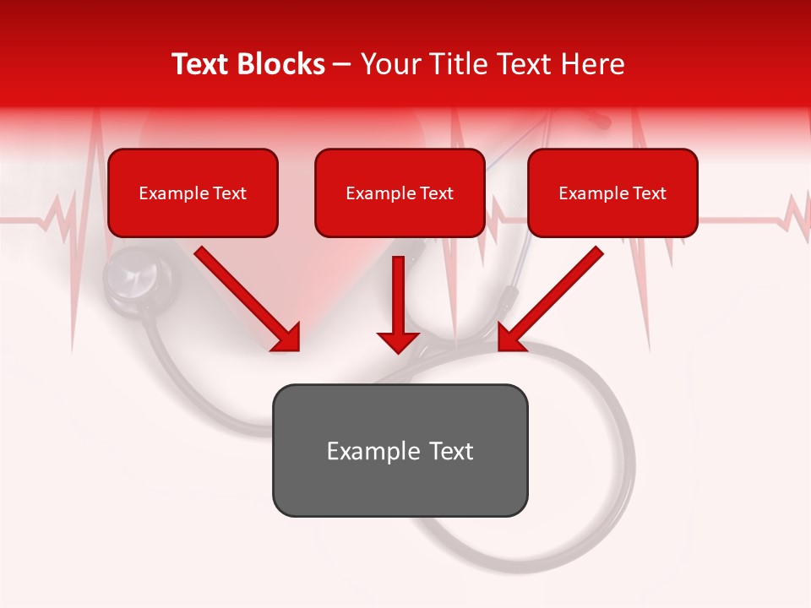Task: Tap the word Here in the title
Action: [591, 64]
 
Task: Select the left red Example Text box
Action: [193, 193]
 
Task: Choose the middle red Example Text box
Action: [400, 193]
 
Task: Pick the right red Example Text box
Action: [612, 193]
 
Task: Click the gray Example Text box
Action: [400, 451]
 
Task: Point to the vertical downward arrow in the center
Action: [398, 304]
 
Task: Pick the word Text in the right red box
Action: [650, 193]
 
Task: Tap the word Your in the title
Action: [386, 64]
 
